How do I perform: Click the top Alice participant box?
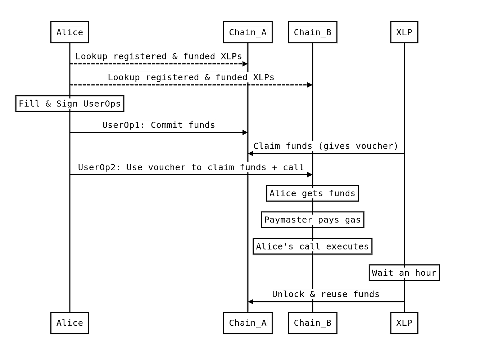pos(70,32)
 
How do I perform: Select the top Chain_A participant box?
pos(248,32)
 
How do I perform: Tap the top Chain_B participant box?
pos(312,32)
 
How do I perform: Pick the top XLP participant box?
pos(404,32)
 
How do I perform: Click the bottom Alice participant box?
pos(70,323)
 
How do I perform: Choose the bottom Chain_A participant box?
pos(248,323)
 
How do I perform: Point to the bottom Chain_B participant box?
pos(312,323)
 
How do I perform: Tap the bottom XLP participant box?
pos(404,323)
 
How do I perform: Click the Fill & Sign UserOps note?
pos(70,104)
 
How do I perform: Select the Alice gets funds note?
pos(312,193)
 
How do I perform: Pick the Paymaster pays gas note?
pos(312,220)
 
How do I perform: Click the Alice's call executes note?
pos(312,246)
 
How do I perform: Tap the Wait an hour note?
pos(404,273)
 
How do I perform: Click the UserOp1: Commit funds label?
pos(159,125)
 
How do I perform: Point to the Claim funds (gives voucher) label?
pos(326,146)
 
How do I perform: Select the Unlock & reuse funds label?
pos(326,294)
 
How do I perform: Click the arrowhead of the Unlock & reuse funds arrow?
pos(250,302)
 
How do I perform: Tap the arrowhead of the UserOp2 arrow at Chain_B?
pos(310,174)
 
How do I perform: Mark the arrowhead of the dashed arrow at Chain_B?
pos(310,85)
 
